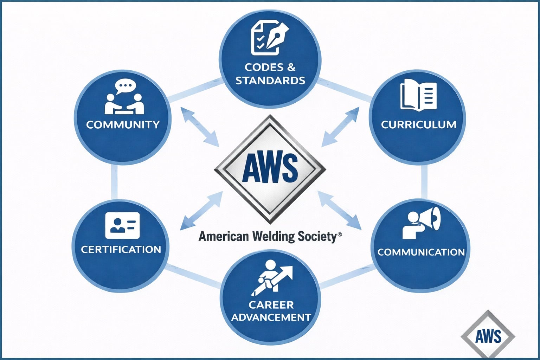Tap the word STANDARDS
coord(270,81)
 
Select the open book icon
coord(418,94)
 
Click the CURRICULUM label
coord(418,124)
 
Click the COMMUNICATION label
coord(421,252)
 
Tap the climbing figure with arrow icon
coord(271,277)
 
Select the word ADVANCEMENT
coord(271,317)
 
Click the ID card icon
coord(122,225)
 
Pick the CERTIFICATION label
coord(121,249)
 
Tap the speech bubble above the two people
coord(125,86)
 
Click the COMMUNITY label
coord(123,124)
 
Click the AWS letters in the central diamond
coord(270,168)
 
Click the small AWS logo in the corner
coord(488,336)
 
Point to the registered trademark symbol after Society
coord(339,234)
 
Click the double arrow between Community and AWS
coord(200,127)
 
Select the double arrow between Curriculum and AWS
coord(340,127)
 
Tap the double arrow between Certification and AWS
coord(201,211)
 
